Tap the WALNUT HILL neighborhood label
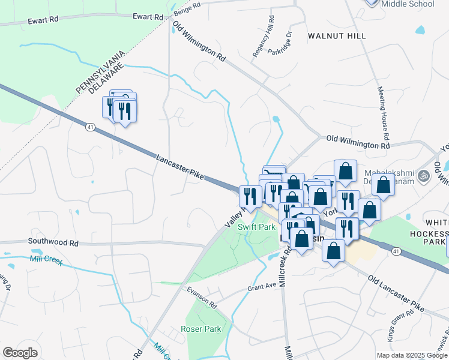[x=337, y=36]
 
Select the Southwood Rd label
[x=53, y=243]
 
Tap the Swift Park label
[x=256, y=227]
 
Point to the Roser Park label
[x=200, y=329]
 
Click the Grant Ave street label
[x=262, y=288]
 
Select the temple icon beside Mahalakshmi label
[x=423, y=176]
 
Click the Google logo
[x=20, y=353]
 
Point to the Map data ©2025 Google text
[x=412, y=355]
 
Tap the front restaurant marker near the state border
[x=124, y=113]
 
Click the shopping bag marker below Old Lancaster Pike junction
[x=333, y=252]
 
